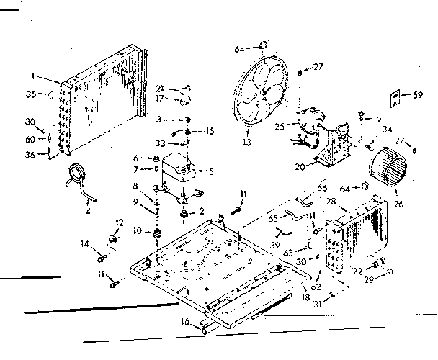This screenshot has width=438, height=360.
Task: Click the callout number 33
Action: click(x=161, y=143)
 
